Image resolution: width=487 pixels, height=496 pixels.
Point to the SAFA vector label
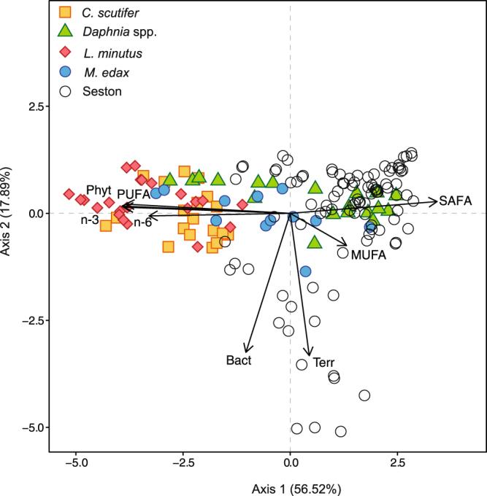[456, 200]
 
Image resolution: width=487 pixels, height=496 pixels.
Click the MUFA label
[367, 255]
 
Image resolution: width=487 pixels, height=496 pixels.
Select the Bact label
[239, 360]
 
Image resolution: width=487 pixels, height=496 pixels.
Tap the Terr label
[323, 362]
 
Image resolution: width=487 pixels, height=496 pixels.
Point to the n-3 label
[91, 220]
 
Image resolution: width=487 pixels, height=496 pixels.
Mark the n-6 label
[142, 222]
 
